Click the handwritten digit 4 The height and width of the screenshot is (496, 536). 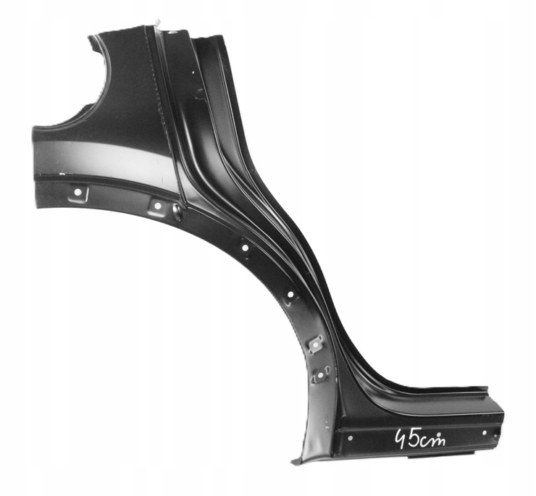coord(399,438)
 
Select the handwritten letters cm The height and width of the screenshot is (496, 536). coord(432,440)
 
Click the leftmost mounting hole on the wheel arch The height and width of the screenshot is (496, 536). coord(77,192)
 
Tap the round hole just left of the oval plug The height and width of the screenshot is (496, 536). coord(158,206)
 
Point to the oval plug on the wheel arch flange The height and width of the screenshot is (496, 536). coord(177,211)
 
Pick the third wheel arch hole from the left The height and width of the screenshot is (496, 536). coord(245,248)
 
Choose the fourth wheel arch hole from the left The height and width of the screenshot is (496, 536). coord(290,294)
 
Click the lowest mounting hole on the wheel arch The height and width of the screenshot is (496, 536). coord(320,375)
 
